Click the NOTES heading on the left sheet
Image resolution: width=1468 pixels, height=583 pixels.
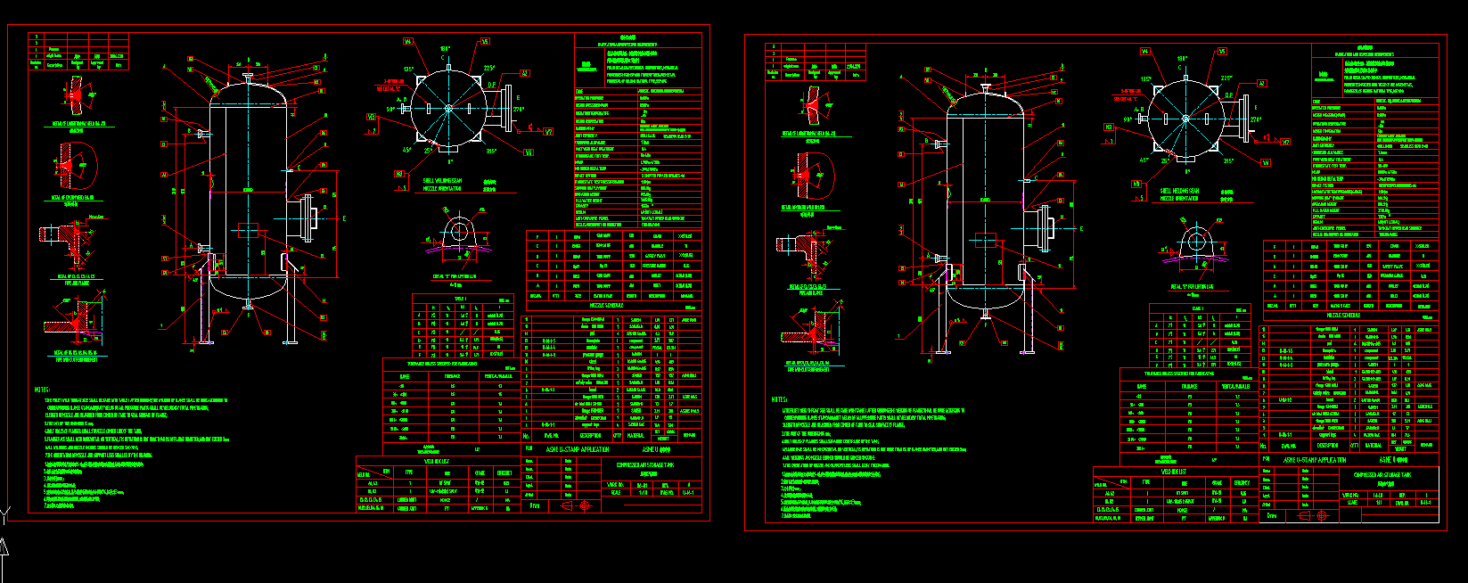42,389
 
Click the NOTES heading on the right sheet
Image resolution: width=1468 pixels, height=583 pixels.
780,399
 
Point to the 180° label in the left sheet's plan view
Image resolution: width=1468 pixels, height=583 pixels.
445,48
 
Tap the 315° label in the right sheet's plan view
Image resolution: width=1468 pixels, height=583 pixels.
1227,161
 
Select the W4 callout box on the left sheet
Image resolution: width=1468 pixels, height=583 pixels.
407,41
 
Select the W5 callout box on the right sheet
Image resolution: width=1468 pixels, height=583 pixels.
1222,52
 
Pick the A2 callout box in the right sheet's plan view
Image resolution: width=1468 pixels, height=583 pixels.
1261,83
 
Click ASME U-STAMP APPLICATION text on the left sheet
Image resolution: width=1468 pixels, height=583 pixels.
577,450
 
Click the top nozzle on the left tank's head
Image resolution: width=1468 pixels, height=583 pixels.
247,78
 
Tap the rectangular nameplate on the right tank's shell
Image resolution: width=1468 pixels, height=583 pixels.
986,241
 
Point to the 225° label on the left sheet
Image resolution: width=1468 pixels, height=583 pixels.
489,68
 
